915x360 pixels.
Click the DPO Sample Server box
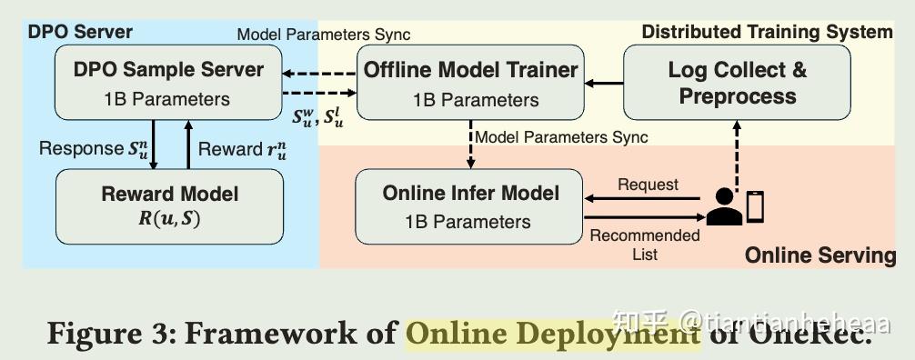pos(167,82)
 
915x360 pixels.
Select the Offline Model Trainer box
pos(469,82)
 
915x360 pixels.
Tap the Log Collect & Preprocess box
pos(737,82)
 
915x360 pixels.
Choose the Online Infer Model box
pos(469,207)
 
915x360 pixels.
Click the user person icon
pos(724,209)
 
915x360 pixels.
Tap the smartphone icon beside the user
pos(755,206)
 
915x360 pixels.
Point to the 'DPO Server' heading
pos(80,33)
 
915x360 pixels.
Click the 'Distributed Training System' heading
pos(767,33)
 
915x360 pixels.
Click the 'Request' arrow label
pos(648,185)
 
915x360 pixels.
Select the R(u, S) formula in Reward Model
pos(170,217)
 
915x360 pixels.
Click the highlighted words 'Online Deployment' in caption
pos(553,333)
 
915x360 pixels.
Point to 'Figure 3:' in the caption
pos(109,333)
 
